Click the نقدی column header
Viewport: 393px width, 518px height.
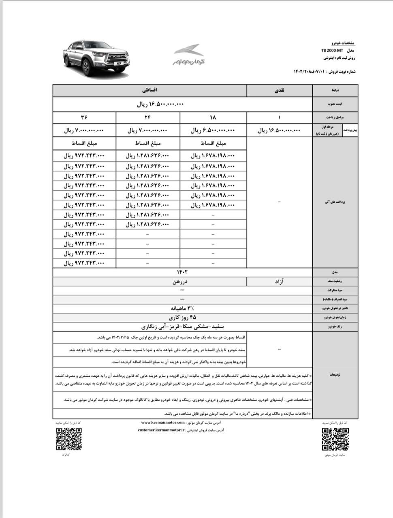(280, 90)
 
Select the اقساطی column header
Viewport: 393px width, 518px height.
(150, 90)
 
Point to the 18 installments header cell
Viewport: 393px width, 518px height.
(213, 117)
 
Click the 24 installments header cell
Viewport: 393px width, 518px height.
(147, 117)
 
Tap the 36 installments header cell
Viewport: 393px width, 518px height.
(84, 117)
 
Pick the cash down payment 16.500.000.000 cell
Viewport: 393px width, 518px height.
(280, 131)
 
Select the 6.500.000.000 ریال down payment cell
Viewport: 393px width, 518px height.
(213, 131)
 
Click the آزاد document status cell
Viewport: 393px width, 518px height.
(280, 281)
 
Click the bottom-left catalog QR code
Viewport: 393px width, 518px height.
(68, 439)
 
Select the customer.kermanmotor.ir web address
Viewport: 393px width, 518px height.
(161, 430)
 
